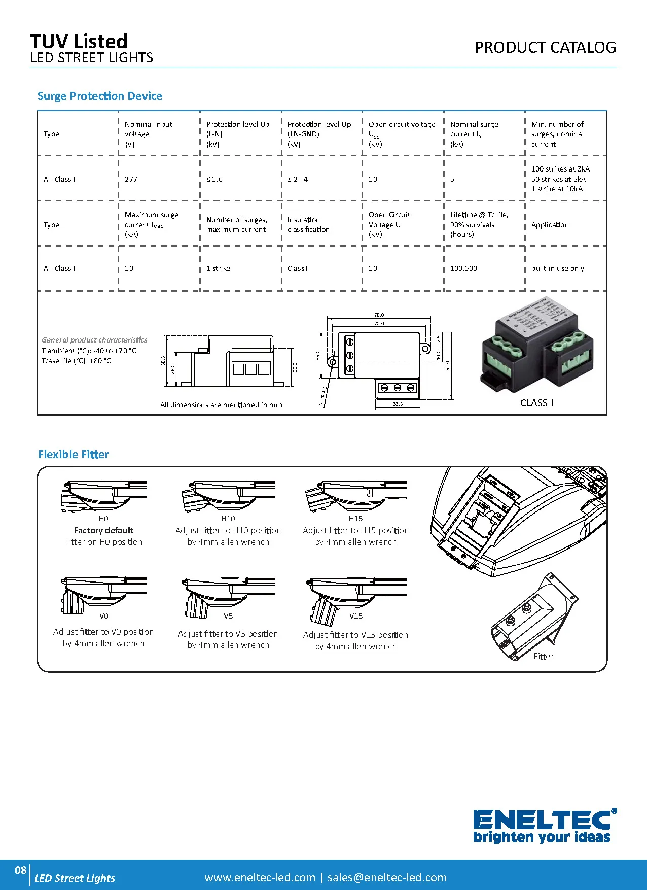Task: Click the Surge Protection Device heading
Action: pyautogui.click(x=100, y=96)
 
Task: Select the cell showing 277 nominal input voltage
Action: pyautogui.click(x=131, y=179)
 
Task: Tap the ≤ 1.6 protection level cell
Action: pyautogui.click(x=214, y=179)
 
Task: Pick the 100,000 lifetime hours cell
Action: pyautogui.click(x=463, y=268)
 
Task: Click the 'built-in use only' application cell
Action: pyautogui.click(x=557, y=268)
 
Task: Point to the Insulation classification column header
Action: pyautogui.click(x=308, y=224)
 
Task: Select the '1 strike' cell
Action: pyautogui.click(x=218, y=268)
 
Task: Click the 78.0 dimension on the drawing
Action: pyautogui.click(x=379, y=315)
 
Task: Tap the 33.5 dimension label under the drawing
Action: pyautogui.click(x=398, y=404)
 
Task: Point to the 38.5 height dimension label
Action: pyautogui.click(x=163, y=360)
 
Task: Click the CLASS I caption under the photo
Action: pyautogui.click(x=536, y=403)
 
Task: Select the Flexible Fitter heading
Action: pyautogui.click(x=74, y=454)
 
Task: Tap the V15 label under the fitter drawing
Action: pyautogui.click(x=355, y=615)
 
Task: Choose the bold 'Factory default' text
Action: pyautogui.click(x=103, y=530)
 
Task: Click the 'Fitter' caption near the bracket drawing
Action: pyautogui.click(x=543, y=656)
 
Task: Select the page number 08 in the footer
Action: pyautogui.click(x=20, y=870)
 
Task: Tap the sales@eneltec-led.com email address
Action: pyautogui.click(x=387, y=877)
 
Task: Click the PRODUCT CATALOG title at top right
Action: pyautogui.click(x=545, y=48)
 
